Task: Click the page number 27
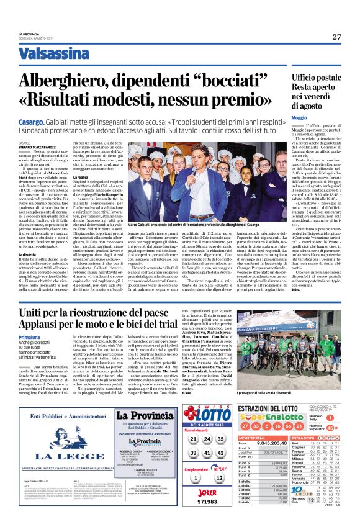[336, 37]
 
